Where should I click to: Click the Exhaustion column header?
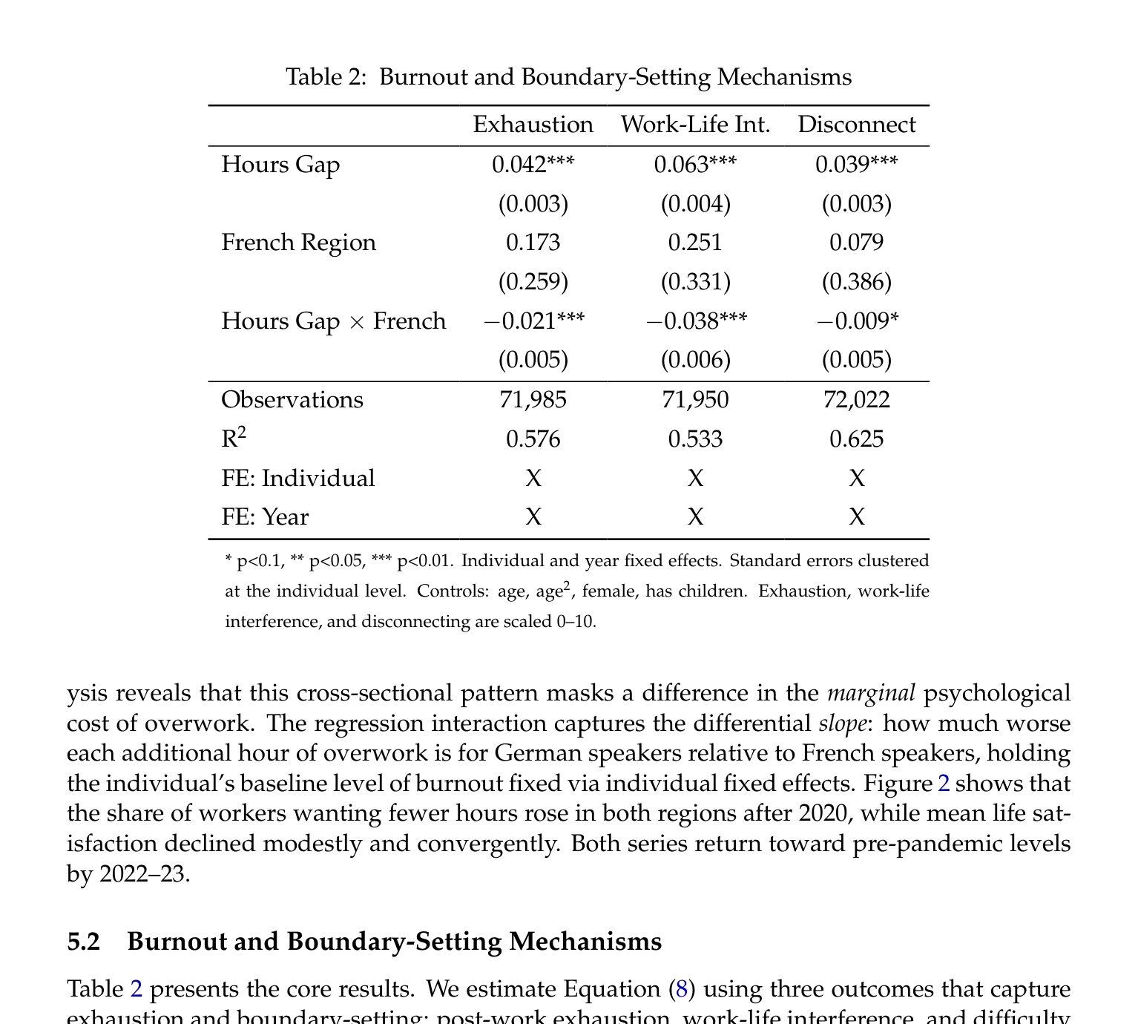pos(533,125)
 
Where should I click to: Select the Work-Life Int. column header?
pos(695,125)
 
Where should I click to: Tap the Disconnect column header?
pos(856,125)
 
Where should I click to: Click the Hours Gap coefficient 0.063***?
pos(695,165)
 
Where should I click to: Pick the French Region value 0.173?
pos(533,243)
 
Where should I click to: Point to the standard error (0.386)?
pos(856,282)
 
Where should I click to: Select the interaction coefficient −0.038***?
pos(695,321)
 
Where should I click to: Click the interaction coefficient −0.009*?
pos(856,321)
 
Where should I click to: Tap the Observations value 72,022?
pos(856,400)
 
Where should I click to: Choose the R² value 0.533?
pos(695,439)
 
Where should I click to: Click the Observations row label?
pos(292,400)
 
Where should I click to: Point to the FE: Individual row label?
pos(298,479)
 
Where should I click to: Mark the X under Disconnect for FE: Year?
pos(856,517)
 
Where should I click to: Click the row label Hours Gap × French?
pos(334,321)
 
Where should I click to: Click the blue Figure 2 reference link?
pos(944,784)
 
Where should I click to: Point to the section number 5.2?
pos(83,942)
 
